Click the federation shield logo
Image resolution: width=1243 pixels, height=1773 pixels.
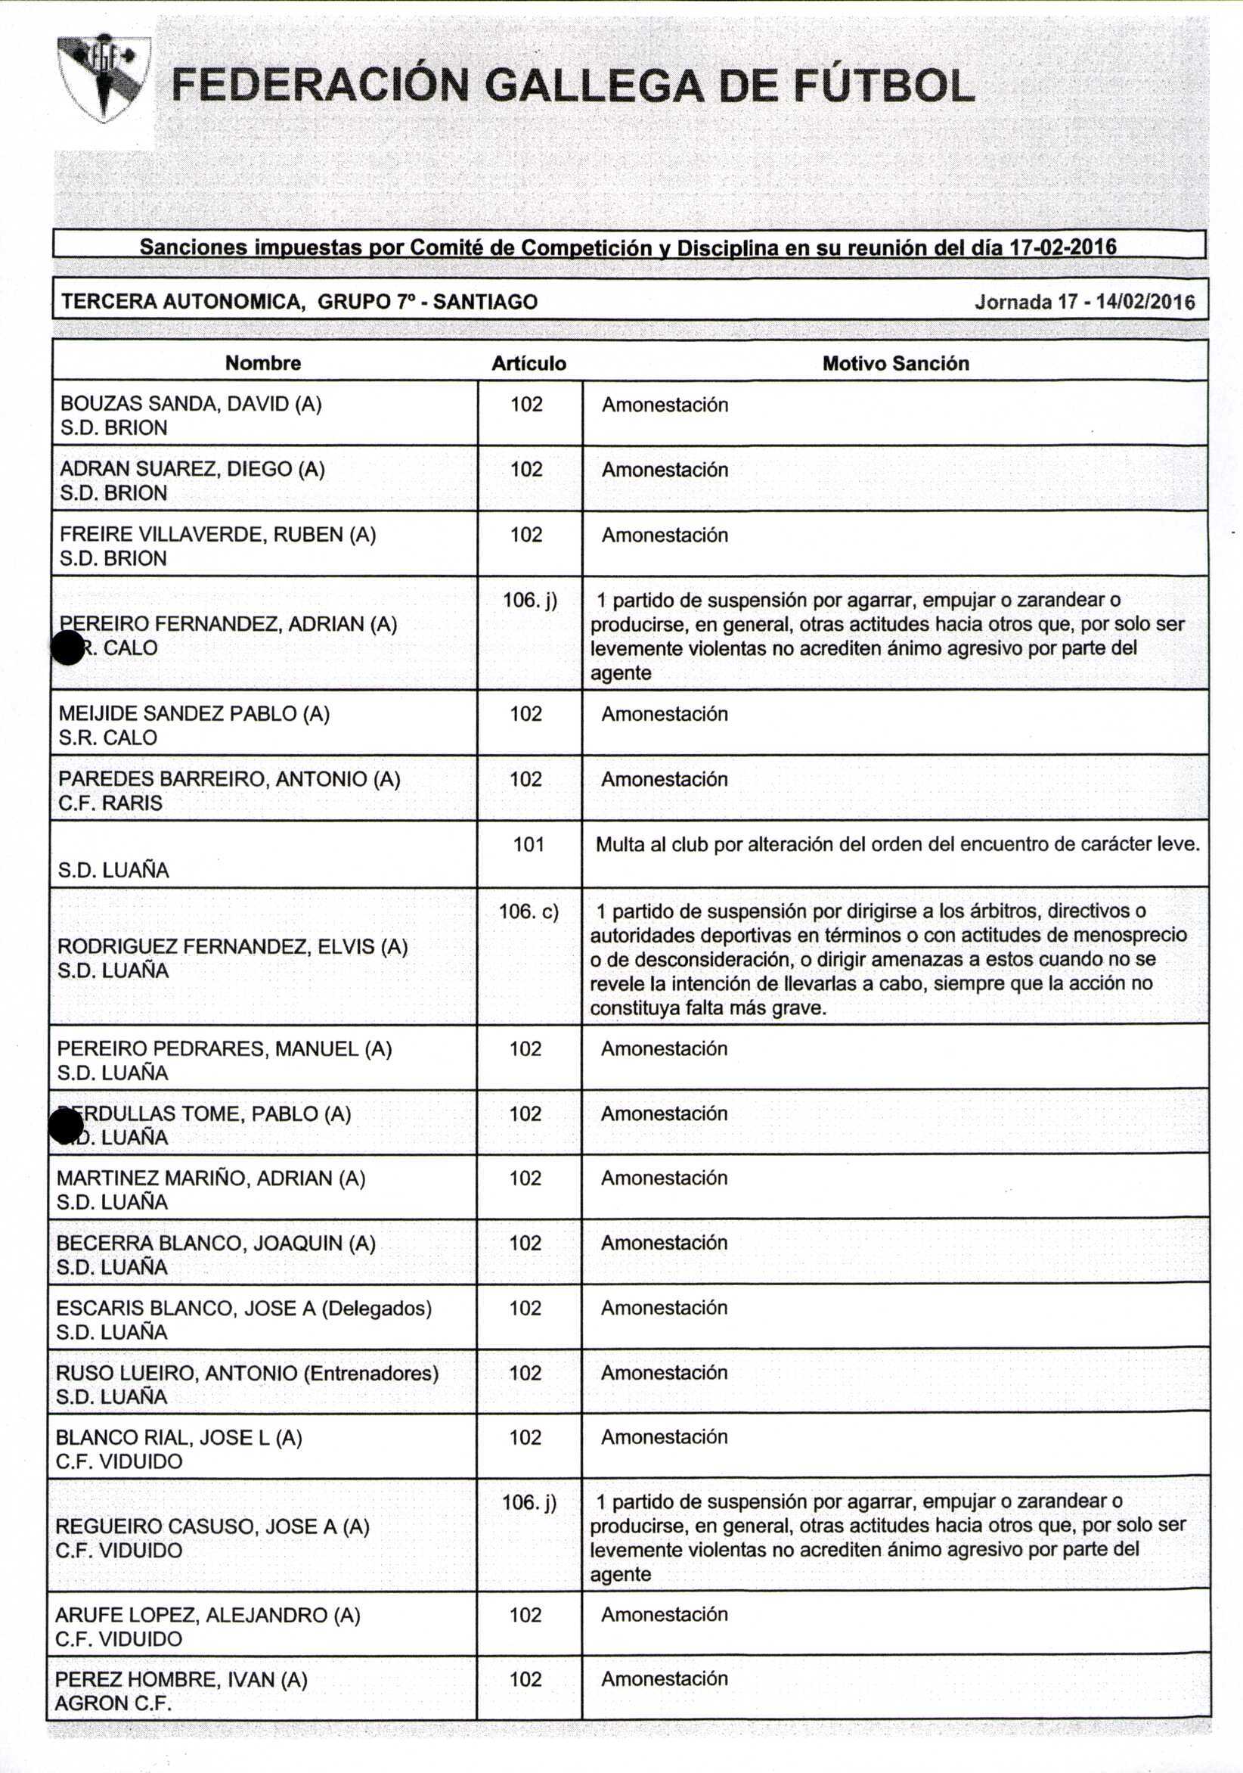coord(104,80)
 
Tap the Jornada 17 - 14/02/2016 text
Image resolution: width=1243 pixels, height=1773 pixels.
coord(1084,302)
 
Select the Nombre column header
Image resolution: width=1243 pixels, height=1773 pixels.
coord(262,363)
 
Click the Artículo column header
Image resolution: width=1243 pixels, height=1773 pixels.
coord(529,364)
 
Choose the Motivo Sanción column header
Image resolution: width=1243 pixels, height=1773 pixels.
coord(894,364)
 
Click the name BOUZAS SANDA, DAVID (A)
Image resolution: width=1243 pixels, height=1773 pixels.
coord(191,404)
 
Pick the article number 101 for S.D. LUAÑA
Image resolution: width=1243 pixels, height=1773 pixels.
coord(529,844)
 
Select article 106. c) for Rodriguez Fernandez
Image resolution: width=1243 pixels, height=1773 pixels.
coord(529,911)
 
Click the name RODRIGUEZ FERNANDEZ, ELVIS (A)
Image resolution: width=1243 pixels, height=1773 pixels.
coord(232,947)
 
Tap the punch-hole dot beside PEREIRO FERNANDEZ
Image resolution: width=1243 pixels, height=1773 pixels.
coord(68,647)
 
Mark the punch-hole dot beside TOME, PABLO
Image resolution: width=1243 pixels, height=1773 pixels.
coord(67,1126)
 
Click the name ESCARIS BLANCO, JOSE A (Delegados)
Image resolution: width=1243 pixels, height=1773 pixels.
coord(244,1308)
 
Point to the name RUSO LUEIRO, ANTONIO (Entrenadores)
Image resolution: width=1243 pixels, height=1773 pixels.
coord(247,1373)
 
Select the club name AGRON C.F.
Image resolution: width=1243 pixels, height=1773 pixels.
coord(113,1703)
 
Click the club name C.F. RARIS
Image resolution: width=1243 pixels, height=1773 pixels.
coord(110,803)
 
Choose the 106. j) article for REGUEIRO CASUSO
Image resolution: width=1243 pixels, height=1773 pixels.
coord(529,1502)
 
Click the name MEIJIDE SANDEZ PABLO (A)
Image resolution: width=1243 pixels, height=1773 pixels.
coord(194,713)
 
